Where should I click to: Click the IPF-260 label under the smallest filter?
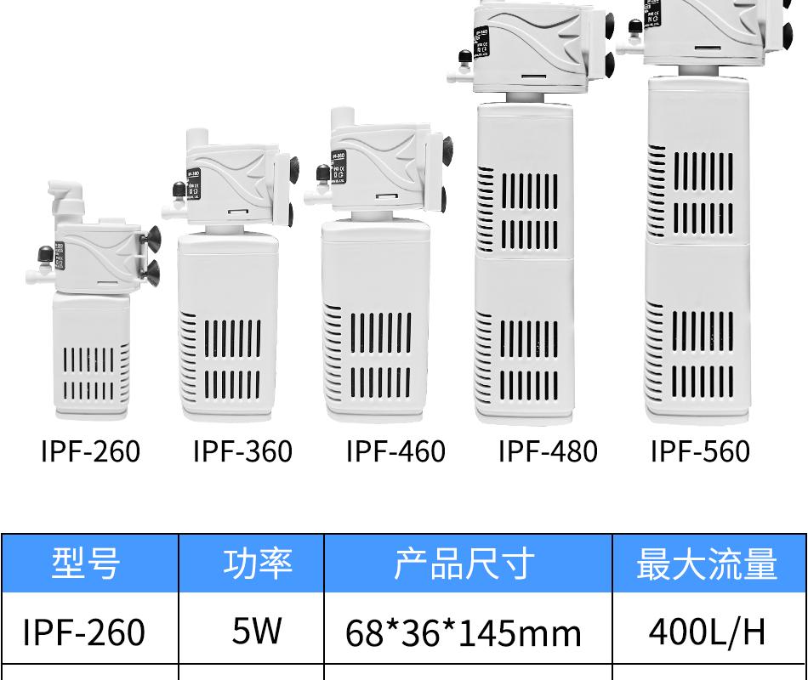(90, 451)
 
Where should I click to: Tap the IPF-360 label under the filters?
(242, 451)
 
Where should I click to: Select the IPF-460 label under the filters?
(395, 451)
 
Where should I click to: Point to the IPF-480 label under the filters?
(548, 451)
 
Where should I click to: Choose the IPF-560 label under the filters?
(700, 451)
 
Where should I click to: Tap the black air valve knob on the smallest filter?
(43, 252)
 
